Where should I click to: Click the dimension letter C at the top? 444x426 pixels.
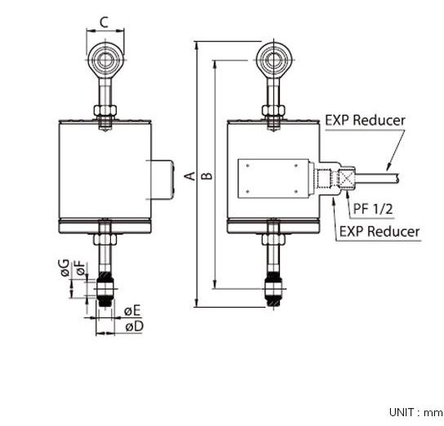pos(104,22)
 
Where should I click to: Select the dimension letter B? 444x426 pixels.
pos(206,175)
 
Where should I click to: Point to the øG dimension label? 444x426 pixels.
pos(64,268)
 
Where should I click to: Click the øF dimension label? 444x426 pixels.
pos(81,268)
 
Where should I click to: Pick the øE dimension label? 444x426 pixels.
pos(132,311)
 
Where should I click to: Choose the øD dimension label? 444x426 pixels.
pos(135,326)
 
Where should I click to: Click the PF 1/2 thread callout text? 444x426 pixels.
pos(373,209)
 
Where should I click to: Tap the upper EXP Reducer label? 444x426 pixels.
pos(365,120)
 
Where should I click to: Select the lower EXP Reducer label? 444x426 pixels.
pos(380,232)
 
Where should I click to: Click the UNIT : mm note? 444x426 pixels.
pos(415,412)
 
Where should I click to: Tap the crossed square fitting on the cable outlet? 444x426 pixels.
pos(346,179)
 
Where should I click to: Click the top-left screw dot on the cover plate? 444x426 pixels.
pos(248,166)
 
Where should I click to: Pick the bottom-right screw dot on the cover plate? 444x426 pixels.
pos(296,192)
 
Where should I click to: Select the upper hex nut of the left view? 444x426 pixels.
pos(105,110)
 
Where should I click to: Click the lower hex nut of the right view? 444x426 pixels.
pos(273,239)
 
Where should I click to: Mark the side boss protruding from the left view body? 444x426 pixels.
pos(162,180)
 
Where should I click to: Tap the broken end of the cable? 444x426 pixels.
pos(397,179)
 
